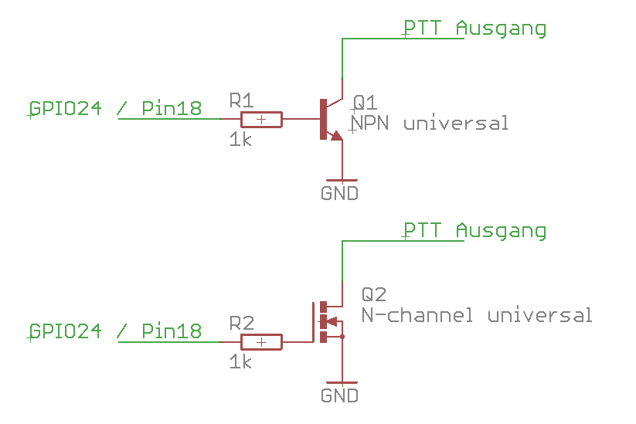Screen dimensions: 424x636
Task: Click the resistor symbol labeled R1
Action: pyautogui.click(x=261, y=119)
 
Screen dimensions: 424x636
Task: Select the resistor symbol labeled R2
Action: pyautogui.click(x=261, y=341)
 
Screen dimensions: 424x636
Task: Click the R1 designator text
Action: pyautogui.click(x=241, y=100)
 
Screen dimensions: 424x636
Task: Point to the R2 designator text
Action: pyautogui.click(x=241, y=322)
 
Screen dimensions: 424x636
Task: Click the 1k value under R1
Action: pyautogui.click(x=240, y=140)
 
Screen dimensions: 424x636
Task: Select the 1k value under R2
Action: pyautogui.click(x=240, y=361)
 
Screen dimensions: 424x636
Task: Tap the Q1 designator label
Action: pyautogui.click(x=364, y=103)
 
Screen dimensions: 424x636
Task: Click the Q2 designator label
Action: pyautogui.click(x=373, y=294)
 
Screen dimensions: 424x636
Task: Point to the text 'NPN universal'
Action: pyautogui.click(x=430, y=123)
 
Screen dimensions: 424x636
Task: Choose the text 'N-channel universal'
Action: pyautogui.click(x=477, y=315)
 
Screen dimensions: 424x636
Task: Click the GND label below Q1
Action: pyautogui.click(x=339, y=193)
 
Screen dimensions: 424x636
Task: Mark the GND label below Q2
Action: pyautogui.click(x=339, y=395)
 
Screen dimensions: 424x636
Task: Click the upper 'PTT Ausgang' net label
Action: pyautogui.click(x=474, y=29)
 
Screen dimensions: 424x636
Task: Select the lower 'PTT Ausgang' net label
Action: pyautogui.click(x=474, y=231)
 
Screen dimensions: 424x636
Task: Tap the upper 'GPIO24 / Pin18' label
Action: pyautogui.click(x=115, y=108)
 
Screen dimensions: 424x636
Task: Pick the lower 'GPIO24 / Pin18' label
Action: pyautogui.click(x=115, y=331)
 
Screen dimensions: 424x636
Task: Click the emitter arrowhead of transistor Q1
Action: pyautogui.click(x=335, y=135)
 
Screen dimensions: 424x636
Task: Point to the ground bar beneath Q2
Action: pyautogui.click(x=341, y=382)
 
